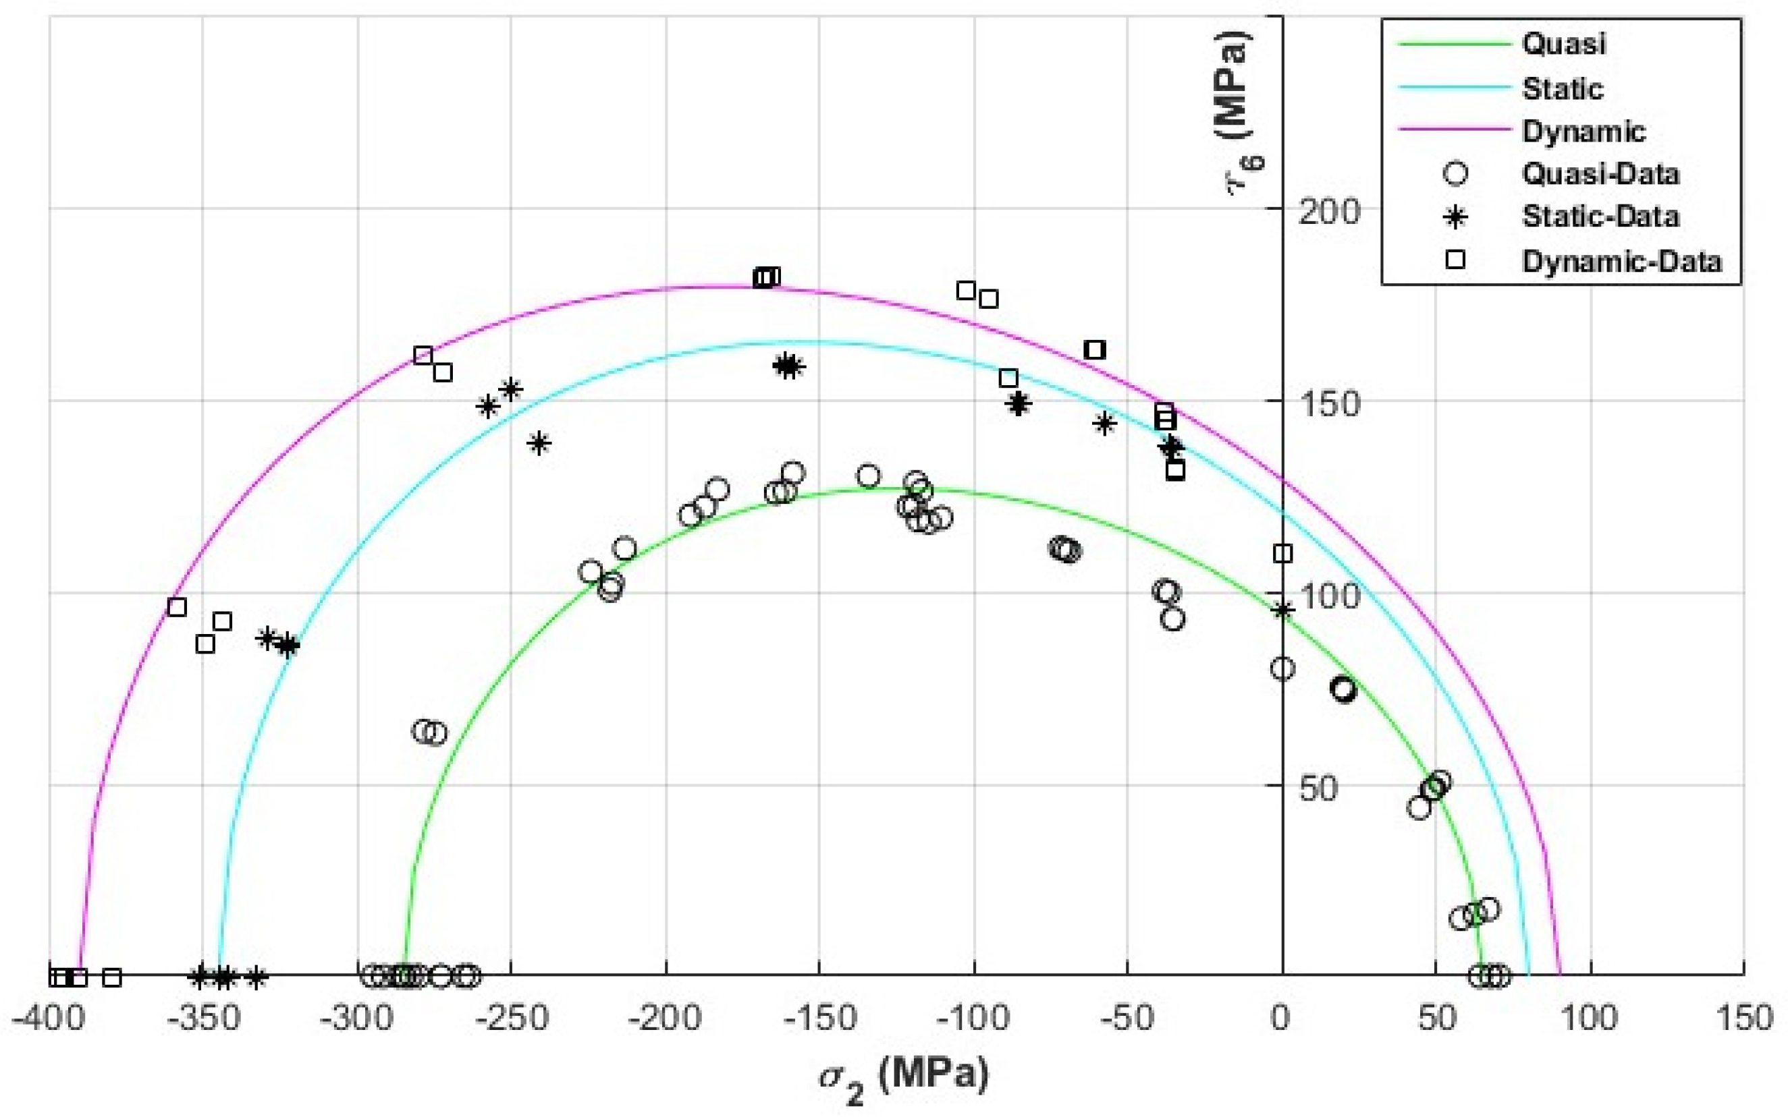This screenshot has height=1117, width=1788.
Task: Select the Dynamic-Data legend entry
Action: [x=1622, y=261]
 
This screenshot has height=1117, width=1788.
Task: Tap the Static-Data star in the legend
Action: [x=1455, y=217]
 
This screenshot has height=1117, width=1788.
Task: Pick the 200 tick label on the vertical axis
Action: [x=1328, y=212]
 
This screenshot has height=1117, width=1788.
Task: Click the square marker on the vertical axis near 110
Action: [x=1282, y=553]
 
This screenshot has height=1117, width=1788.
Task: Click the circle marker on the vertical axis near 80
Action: [x=1282, y=668]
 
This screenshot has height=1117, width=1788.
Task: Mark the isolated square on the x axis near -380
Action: [x=111, y=977]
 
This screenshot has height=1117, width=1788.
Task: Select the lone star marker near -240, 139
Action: [x=539, y=443]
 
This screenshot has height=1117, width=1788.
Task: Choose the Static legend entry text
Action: [x=1562, y=88]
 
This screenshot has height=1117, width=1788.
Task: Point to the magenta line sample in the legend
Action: [x=1454, y=130]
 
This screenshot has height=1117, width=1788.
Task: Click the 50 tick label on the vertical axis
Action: [x=1317, y=789]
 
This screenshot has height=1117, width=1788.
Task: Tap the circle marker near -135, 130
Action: [x=869, y=476]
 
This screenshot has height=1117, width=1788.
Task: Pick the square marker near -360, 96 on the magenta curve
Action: [x=177, y=607]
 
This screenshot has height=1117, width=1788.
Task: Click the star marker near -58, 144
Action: [x=1104, y=424]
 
